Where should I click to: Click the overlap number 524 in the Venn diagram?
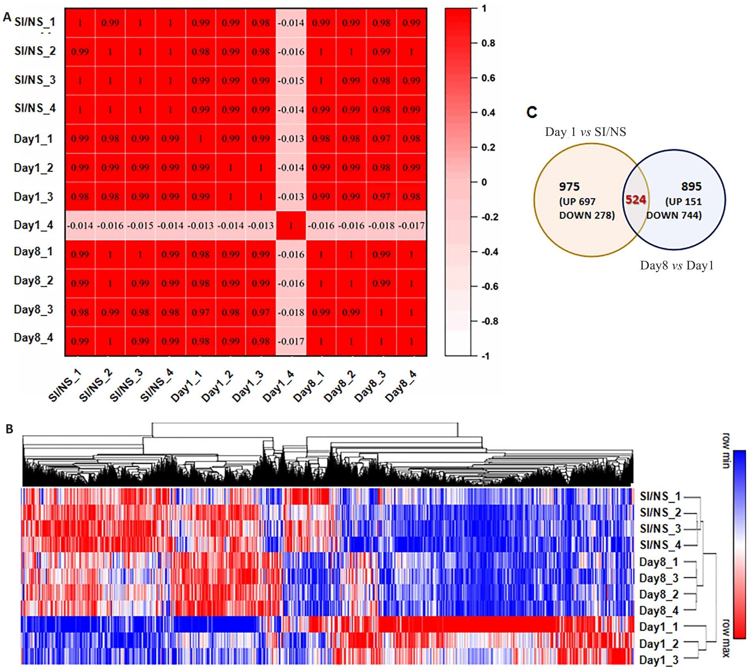(636, 200)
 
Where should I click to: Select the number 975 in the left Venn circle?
(569, 186)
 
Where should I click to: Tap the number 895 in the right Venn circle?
(691, 186)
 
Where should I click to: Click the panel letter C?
(532, 113)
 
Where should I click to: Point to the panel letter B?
(9, 429)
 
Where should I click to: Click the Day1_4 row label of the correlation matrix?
(34, 225)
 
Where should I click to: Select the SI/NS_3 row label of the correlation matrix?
(35, 80)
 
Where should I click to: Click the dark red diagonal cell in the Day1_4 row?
(291, 226)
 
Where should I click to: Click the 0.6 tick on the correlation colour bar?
(488, 78)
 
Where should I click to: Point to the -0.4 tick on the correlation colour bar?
(489, 252)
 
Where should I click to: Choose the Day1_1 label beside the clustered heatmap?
(658, 627)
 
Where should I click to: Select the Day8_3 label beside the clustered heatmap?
(658, 578)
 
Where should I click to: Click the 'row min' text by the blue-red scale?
(726, 450)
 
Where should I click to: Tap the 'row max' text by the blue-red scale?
(726, 638)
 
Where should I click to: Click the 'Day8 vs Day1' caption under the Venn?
(677, 265)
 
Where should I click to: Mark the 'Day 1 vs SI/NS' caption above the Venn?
(585, 132)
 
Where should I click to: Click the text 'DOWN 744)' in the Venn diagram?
(674, 215)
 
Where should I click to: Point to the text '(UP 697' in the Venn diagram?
(577, 202)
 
